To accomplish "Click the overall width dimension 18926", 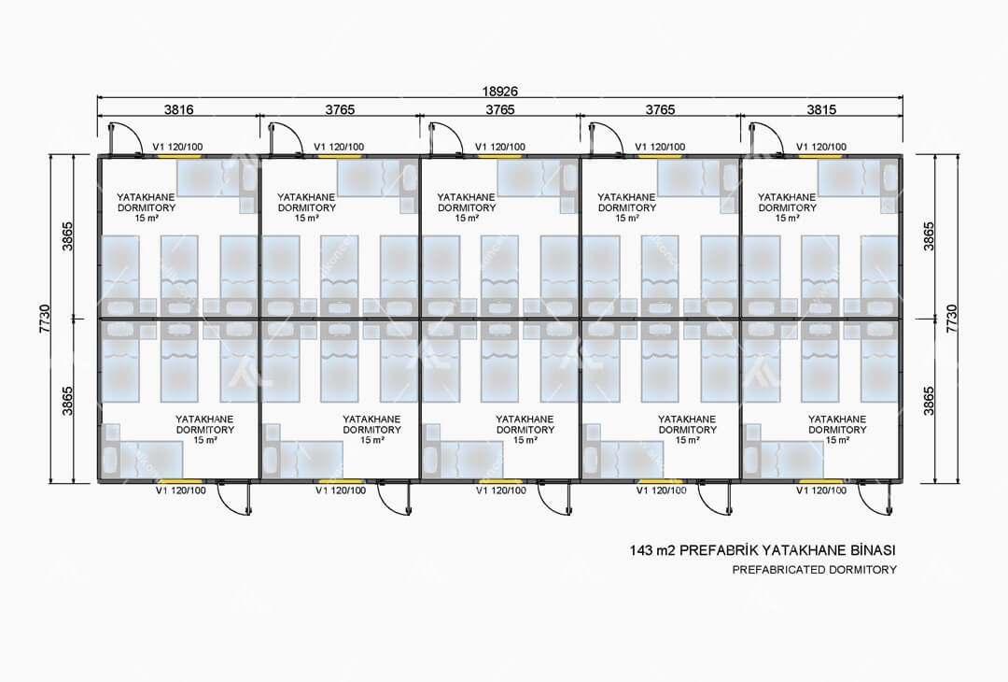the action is pyautogui.click(x=499, y=92).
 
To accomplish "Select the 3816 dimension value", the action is pyautogui.click(x=178, y=109).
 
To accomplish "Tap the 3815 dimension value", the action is pyautogui.click(x=821, y=109).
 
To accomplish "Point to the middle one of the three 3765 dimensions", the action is pyautogui.click(x=500, y=109).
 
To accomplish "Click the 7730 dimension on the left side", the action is pyautogui.click(x=45, y=319).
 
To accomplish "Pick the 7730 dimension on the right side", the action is pyautogui.click(x=952, y=319).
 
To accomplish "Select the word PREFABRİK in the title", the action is pyautogui.click(x=720, y=551).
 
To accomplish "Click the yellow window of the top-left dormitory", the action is pyautogui.click(x=178, y=156).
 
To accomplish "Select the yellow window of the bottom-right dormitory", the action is pyautogui.click(x=821, y=480).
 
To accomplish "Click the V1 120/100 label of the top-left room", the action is pyautogui.click(x=177, y=147).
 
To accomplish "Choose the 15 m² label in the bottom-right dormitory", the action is pyautogui.click(x=836, y=440).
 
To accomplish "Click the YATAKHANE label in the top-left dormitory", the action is pyautogui.click(x=146, y=197).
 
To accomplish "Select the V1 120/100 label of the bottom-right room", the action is pyautogui.click(x=821, y=490).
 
